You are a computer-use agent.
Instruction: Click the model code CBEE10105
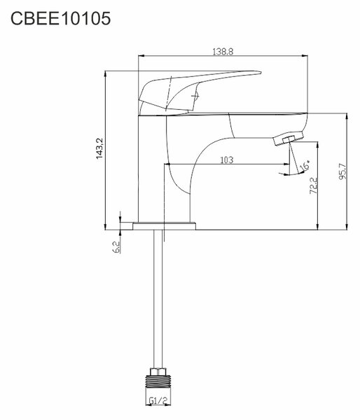tap(60, 18)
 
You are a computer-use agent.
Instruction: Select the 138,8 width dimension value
tap(223, 51)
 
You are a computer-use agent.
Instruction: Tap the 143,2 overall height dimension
tap(99, 148)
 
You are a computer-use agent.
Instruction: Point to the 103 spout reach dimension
tap(227, 160)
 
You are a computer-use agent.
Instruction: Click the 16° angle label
tap(305, 165)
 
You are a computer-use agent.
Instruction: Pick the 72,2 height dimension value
tap(313, 185)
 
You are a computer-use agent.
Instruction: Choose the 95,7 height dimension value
tap(342, 171)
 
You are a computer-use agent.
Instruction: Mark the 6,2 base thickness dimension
tap(116, 246)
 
